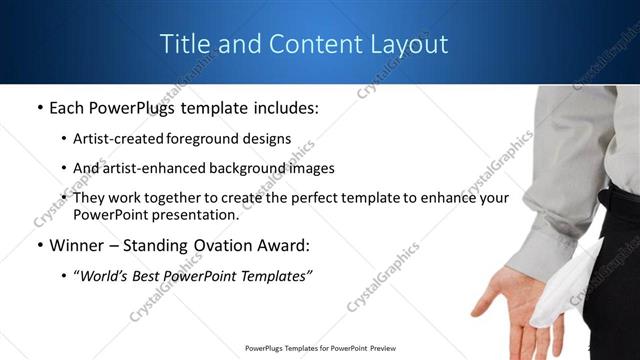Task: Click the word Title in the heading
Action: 185,45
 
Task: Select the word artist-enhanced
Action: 150,168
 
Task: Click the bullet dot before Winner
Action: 39,245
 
